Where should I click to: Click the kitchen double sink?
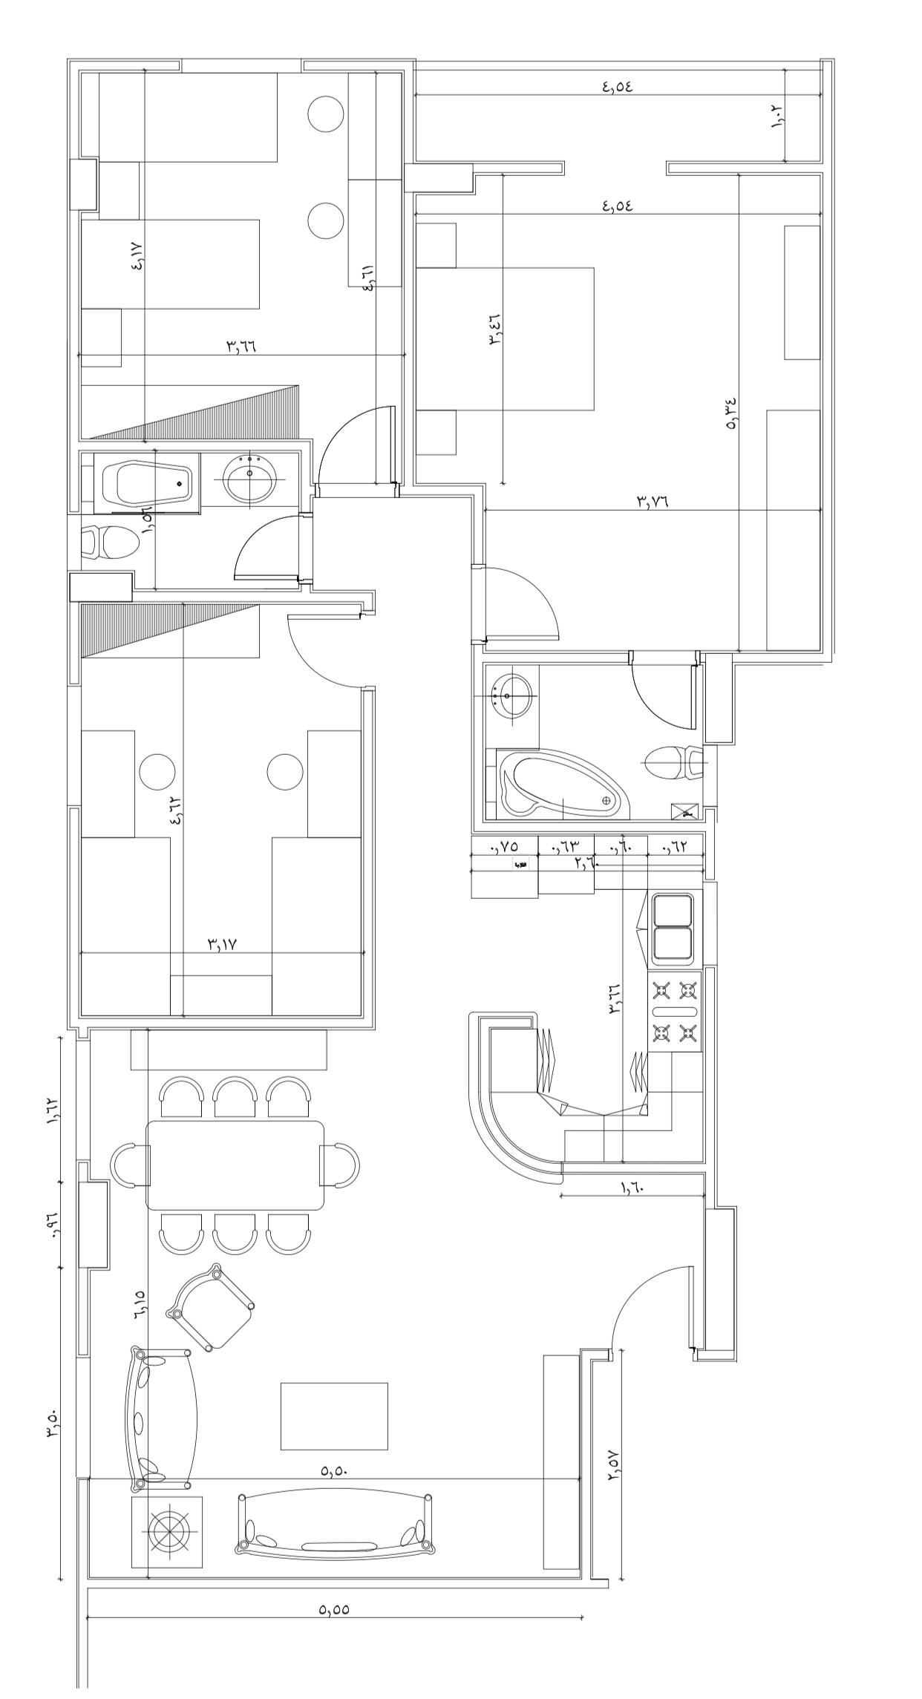coord(673,929)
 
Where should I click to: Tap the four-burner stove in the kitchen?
coord(675,1011)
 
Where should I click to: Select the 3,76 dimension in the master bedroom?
coord(653,501)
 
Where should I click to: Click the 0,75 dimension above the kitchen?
coord(504,846)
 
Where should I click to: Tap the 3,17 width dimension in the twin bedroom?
coord(221,944)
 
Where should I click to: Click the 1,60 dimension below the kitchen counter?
coord(633,1187)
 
